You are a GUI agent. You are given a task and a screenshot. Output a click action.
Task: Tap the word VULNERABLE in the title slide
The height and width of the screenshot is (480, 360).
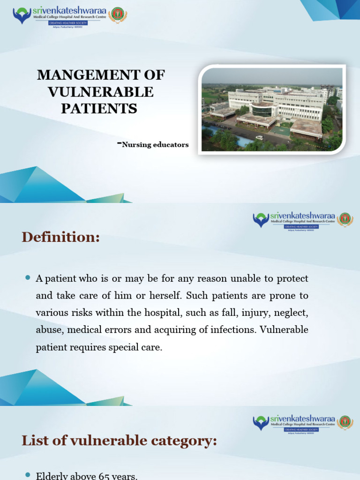[x=101, y=91]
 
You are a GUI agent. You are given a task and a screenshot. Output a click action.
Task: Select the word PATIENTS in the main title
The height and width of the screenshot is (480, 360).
[x=99, y=108]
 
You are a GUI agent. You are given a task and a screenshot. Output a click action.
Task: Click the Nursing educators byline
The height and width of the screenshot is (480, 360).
[x=155, y=145]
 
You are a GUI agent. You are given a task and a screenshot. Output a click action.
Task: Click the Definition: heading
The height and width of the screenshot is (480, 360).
[x=60, y=238]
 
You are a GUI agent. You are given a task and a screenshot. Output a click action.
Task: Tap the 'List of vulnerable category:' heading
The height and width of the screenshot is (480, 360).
[x=119, y=440]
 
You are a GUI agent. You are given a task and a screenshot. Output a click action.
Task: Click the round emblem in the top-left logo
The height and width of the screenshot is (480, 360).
[x=118, y=15]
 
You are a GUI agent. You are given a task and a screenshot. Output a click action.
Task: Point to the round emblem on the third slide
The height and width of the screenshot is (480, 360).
[x=345, y=423]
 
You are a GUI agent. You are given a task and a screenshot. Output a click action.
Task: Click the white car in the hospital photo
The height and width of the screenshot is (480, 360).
[x=259, y=138]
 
